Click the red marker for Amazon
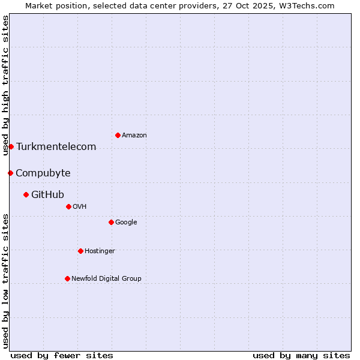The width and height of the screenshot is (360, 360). (x=118, y=135)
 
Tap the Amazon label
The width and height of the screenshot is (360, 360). (x=134, y=136)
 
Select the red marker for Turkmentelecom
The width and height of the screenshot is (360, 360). (x=11, y=146)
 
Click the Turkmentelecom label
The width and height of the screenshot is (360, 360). (x=56, y=147)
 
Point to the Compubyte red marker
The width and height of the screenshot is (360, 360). (x=10, y=173)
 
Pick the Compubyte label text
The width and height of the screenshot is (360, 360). (x=43, y=173)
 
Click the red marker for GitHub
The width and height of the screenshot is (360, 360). (x=26, y=194)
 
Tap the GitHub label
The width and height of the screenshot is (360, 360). (x=47, y=195)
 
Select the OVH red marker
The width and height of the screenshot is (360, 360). (x=68, y=206)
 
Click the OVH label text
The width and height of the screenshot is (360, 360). (x=80, y=207)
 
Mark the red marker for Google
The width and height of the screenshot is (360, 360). (x=111, y=222)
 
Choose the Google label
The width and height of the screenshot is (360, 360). (x=126, y=223)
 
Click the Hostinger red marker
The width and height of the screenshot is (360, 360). (x=80, y=251)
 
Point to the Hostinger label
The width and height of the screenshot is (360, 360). (x=100, y=251)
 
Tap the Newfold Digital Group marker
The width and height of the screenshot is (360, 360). (x=67, y=278)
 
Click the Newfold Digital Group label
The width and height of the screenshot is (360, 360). (x=106, y=279)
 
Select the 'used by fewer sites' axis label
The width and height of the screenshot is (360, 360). (x=62, y=355)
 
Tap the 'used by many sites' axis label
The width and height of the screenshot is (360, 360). (x=301, y=355)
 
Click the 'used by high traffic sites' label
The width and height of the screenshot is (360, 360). (x=5, y=85)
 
